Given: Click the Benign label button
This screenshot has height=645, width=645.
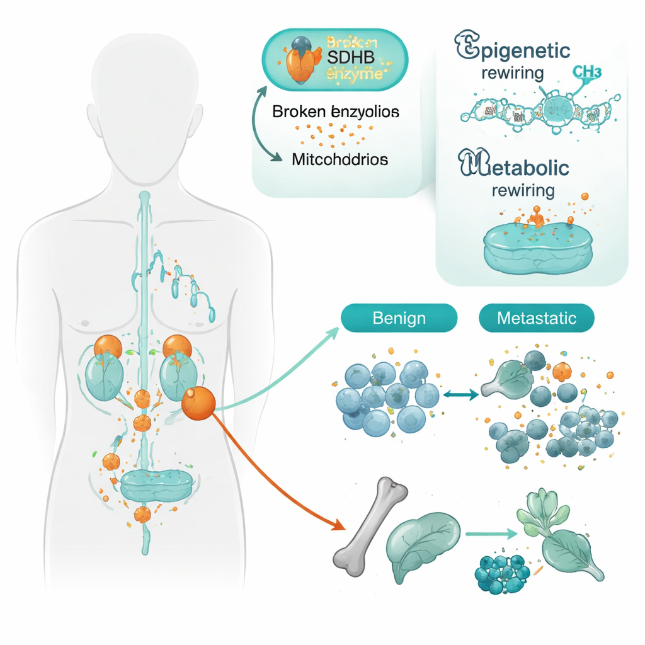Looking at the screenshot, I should pyautogui.click(x=399, y=317).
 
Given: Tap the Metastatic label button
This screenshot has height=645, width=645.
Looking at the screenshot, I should pyautogui.click(x=537, y=317).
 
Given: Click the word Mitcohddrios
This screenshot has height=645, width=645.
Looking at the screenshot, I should pyautogui.click(x=340, y=159).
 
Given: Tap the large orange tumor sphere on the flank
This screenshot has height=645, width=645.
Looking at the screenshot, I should pyautogui.click(x=198, y=402).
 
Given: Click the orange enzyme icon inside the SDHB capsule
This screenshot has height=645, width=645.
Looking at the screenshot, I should pyautogui.click(x=302, y=60).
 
